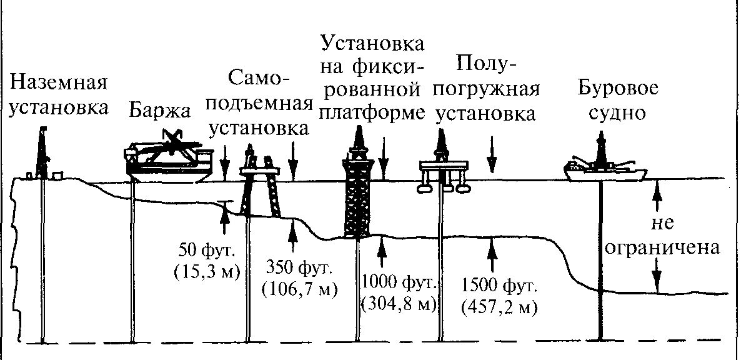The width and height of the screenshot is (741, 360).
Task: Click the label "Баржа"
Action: coord(159,111)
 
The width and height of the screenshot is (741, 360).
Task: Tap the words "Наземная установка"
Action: coord(59,94)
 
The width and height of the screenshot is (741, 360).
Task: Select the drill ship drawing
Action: coord(604,166)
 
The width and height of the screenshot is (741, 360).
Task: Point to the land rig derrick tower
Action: coord(43,153)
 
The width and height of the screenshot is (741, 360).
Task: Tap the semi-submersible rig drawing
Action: coord(443,166)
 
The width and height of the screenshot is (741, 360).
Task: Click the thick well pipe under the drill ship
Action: coord(600,262)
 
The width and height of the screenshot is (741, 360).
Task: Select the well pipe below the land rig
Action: coord(43,262)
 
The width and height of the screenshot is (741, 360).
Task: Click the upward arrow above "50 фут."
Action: coord(223,212)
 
